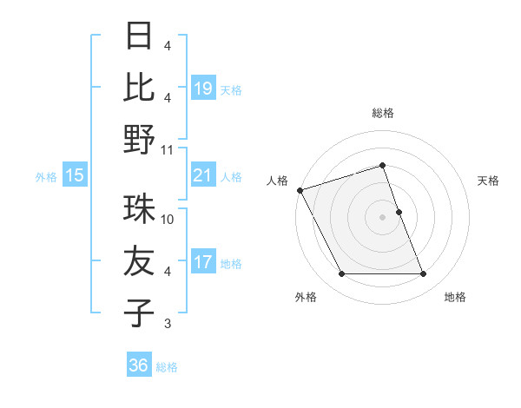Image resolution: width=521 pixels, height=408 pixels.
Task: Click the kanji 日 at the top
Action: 139,36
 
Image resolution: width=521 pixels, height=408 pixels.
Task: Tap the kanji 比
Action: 139,88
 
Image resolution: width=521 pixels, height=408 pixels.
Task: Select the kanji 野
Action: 139,139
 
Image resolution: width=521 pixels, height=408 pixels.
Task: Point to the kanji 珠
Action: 139,210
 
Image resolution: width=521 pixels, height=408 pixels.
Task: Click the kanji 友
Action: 139,261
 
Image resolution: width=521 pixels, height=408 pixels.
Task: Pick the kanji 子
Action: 139,313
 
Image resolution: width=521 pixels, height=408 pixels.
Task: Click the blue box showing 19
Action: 203,89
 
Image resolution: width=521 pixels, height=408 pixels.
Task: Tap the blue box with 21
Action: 203,176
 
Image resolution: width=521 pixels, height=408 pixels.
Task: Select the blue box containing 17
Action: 203,262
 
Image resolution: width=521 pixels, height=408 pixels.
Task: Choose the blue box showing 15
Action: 75,176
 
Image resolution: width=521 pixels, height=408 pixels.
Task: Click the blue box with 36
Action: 139,365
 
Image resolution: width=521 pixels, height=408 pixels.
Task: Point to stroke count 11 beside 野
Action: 168,150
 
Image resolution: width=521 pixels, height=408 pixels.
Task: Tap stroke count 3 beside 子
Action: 168,324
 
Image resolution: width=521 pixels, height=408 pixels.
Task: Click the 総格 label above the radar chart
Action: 383,113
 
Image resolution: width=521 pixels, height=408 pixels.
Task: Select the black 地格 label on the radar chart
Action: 455,298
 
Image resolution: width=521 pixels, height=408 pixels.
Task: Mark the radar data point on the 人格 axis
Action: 300,190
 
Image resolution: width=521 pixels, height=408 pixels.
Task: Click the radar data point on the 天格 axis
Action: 399,212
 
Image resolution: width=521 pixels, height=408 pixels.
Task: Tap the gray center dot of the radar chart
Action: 383,217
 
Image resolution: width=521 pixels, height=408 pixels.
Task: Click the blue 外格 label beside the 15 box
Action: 46,177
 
